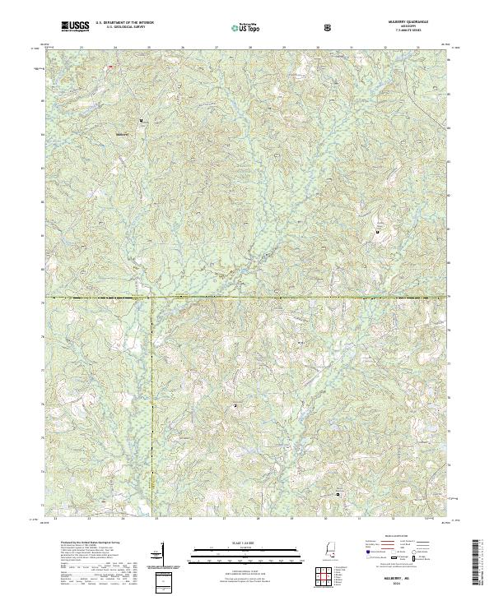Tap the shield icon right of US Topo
(329, 27)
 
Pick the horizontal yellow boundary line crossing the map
(247, 297)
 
